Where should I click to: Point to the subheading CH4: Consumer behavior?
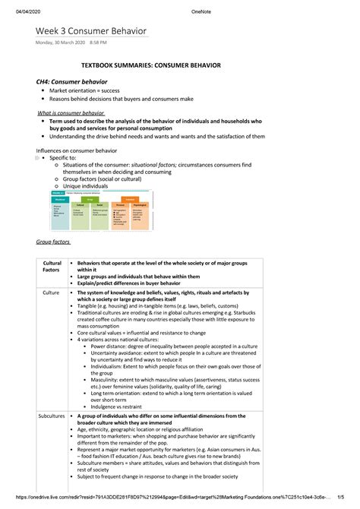[67, 81]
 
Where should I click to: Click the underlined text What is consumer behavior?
[71, 112]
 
